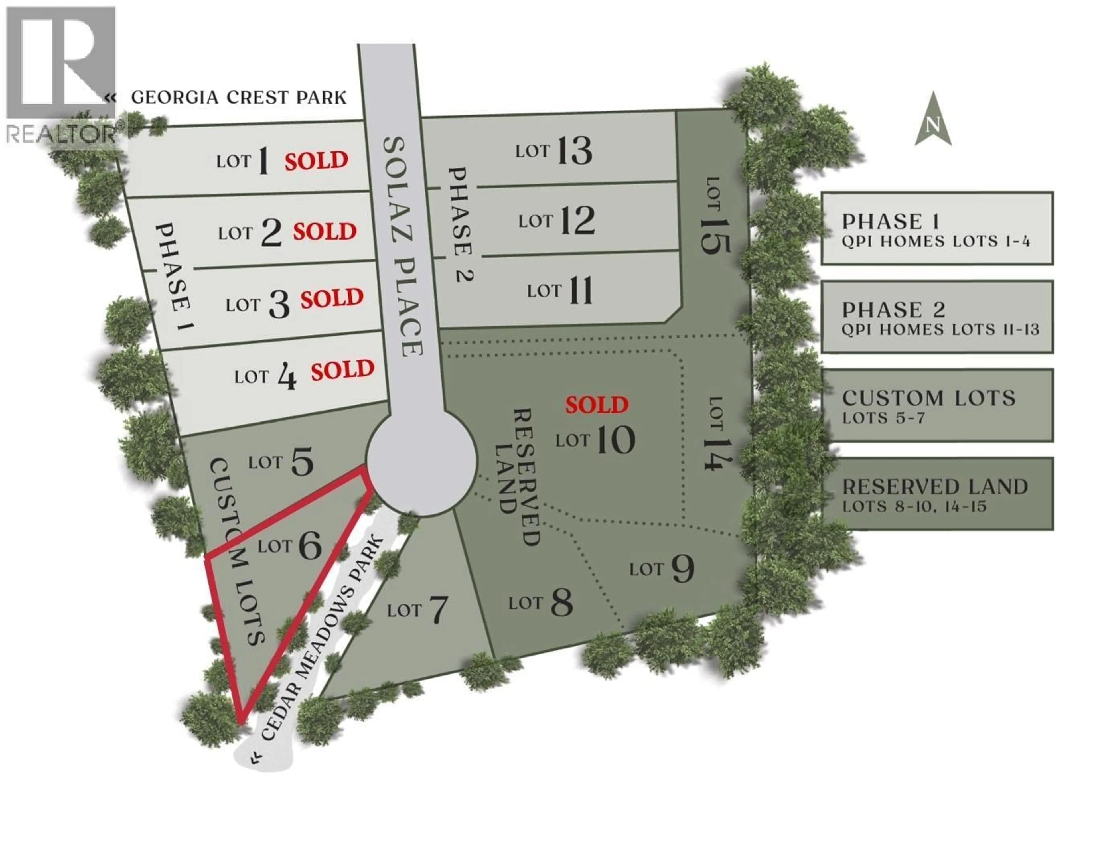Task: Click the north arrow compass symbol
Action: pos(932,120)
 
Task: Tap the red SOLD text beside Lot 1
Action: pos(316,161)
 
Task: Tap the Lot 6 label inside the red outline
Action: pos(290,546)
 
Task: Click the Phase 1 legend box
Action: pos(936,228)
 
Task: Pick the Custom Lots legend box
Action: pos(936,405)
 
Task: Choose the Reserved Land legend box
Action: pos(936,494)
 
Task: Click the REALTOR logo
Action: pos(61,75)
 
